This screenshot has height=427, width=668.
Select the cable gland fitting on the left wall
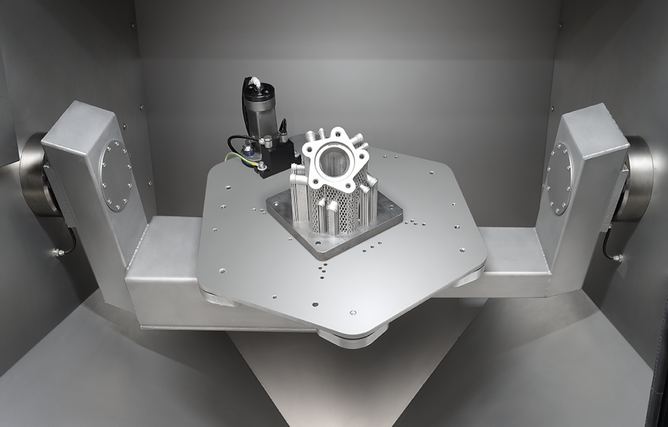coord(56,251)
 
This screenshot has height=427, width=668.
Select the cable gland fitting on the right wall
coord(618,258)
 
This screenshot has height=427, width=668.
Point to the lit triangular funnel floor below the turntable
coord(332,386)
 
